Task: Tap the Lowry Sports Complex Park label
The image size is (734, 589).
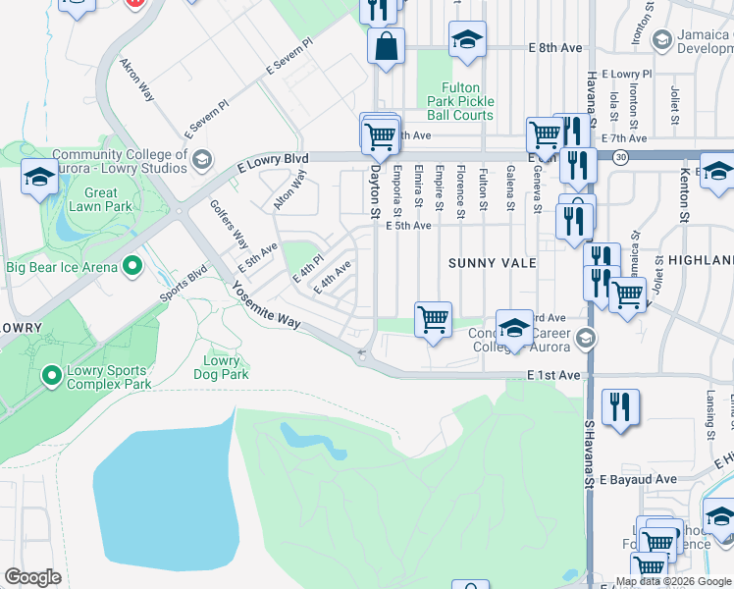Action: pyautogui.click(x=109, y=378)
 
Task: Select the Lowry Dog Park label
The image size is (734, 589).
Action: pyautogui.click(x=221, y=367)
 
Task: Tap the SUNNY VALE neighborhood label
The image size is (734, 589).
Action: pyautogui.click(x=492, y=263)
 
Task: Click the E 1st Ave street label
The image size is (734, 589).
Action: pyautogui.click(x=553, y=375)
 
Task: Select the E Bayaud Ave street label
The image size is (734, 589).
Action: pyautogui.click(x=639, y=479)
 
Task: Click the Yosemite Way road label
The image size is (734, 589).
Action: pyautogui.click(x=267, y=306)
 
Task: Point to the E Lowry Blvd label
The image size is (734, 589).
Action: pyautogui.click(x=273, y=162)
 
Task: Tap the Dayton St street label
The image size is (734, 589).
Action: pyautogui.click(x=374, y=188)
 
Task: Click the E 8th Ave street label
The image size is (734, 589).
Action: pyautogui.click(x=554, y=47)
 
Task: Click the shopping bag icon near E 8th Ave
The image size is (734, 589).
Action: pyautogui.click(x=387, y=45)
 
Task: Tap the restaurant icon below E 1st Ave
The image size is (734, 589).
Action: pyautogui.click(x=620, y=407)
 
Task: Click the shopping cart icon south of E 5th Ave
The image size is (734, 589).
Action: pyautogui.click(x=433, y=319)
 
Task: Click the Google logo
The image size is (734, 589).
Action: pyautogui.click(x=32, y=577)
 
